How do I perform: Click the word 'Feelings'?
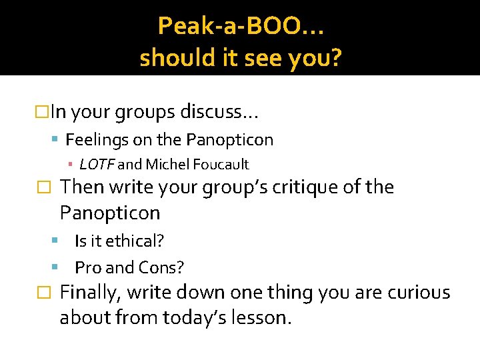click(x=92, y=140)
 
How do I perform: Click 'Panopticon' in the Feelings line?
click(x=230, y=140)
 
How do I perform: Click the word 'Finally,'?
click(x=89, y=293)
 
